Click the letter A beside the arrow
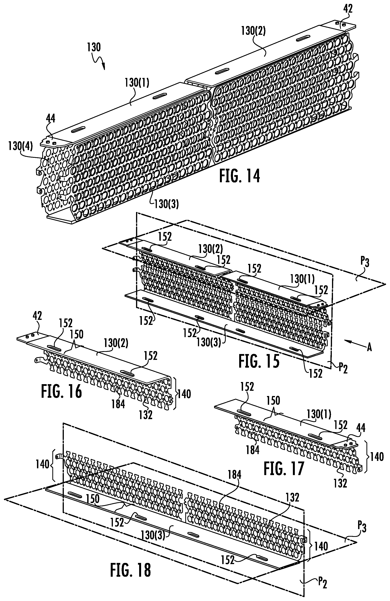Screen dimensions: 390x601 click(x=369, y=348)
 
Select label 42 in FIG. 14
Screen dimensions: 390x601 click(x=348, y=9)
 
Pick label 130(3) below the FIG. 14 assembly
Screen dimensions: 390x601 click(x=167, y=204)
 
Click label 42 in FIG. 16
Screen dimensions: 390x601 click(x=37, y=316)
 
